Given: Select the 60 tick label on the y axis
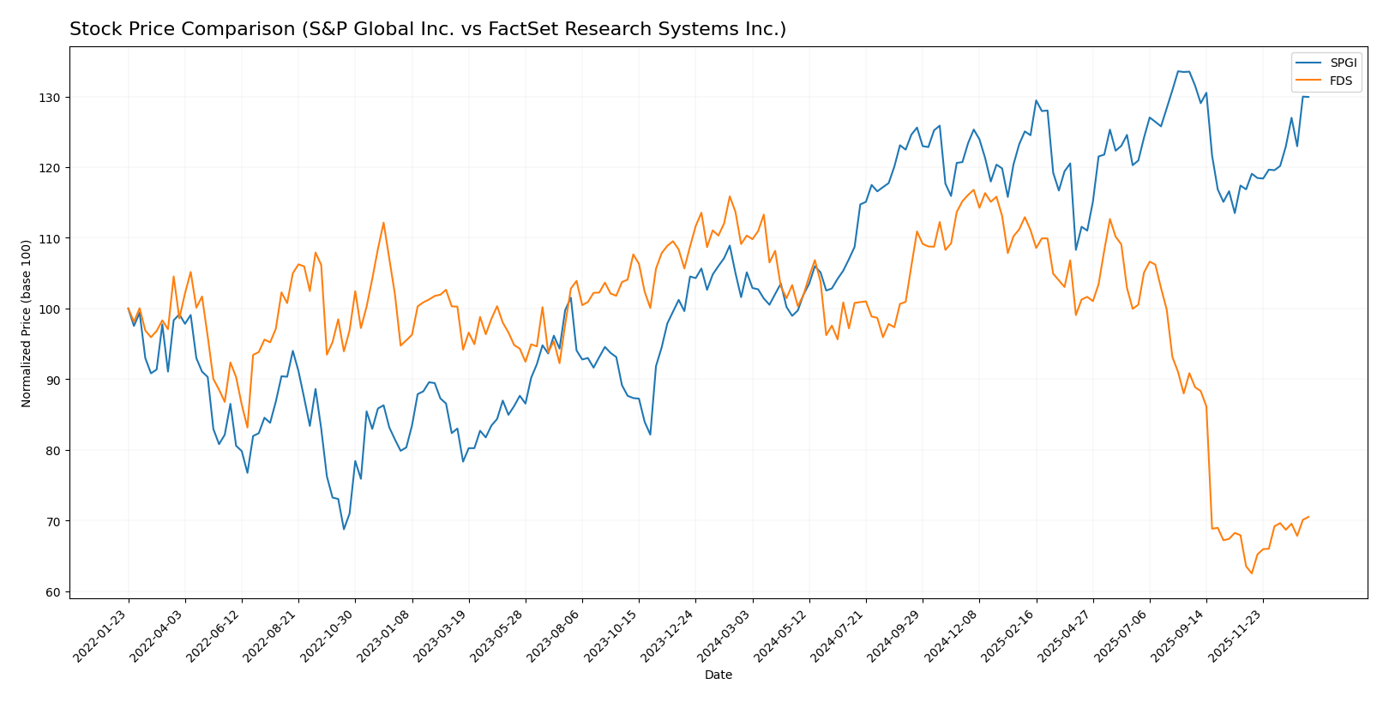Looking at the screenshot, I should pyautogui.click(x=53, y=592).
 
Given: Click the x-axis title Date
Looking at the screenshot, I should pyautogui.click(x=718, y=675).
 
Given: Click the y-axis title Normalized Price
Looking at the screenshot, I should pyautogui.click(x=27, y=323).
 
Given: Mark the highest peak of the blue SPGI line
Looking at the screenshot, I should pyautogui.click(x=1179, y=71).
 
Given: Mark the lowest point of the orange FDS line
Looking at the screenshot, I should pyautogui.click(x=1251, y=573).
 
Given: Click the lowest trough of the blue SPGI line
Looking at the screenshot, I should pyautogui.click(x=344, y=529).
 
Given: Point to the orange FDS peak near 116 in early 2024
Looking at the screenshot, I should pyautogui.click(x=730, y=196).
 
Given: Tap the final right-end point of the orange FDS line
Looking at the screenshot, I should pyautogui.click(x=1308, y=517).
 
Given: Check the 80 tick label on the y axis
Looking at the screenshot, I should pyautogui.click(x=53, y=451).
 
